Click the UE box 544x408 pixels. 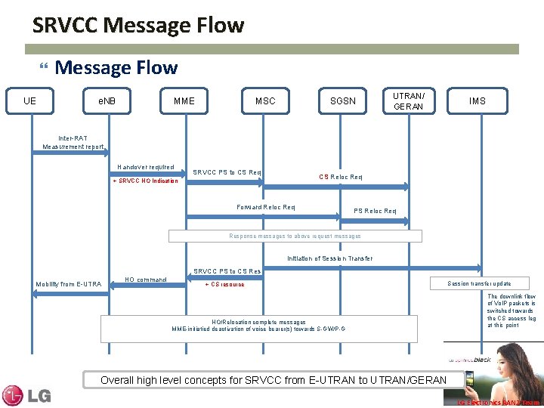point(29,100)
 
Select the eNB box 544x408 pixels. point(107,100)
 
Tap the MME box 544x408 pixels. point(184,100)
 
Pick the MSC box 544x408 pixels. point(265,100)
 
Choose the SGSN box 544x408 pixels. point(343,100)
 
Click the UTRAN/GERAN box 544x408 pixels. point(409,100)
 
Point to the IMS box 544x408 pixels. point(478,100)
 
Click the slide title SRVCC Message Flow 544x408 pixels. point(138,26)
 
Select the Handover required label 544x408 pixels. point(146,167)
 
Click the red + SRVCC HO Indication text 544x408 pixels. point(145,181)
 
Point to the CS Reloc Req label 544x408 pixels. point(341,177)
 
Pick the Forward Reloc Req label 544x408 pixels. point(266,207)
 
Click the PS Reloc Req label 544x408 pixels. point(376,211)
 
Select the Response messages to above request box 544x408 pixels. point(295,236)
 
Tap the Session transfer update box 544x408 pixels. point(479,283)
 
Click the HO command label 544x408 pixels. point(147,280)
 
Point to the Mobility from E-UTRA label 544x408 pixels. point(69,284)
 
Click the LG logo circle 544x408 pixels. point(14,395)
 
